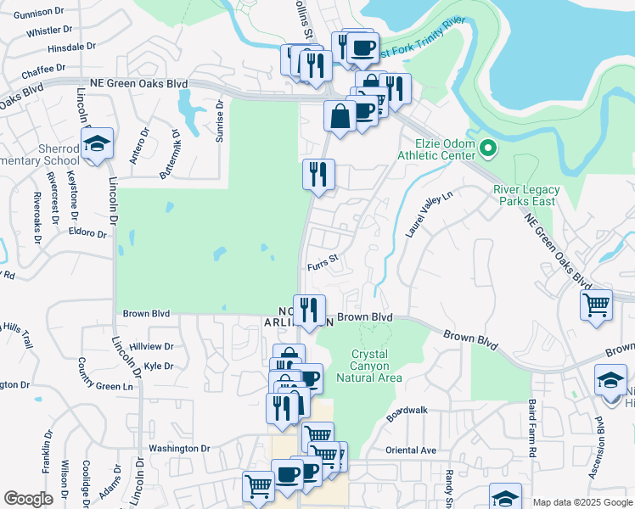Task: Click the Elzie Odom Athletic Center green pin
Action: pos(487,149)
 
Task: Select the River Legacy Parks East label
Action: pos(526,195)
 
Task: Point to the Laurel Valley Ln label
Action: pos(430,213)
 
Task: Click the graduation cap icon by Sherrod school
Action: pos(97,144)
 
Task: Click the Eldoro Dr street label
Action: pos(88,232)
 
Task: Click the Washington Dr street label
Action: pos(179,448)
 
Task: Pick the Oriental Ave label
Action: pos(411,450)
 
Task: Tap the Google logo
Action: pos(28,499)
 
